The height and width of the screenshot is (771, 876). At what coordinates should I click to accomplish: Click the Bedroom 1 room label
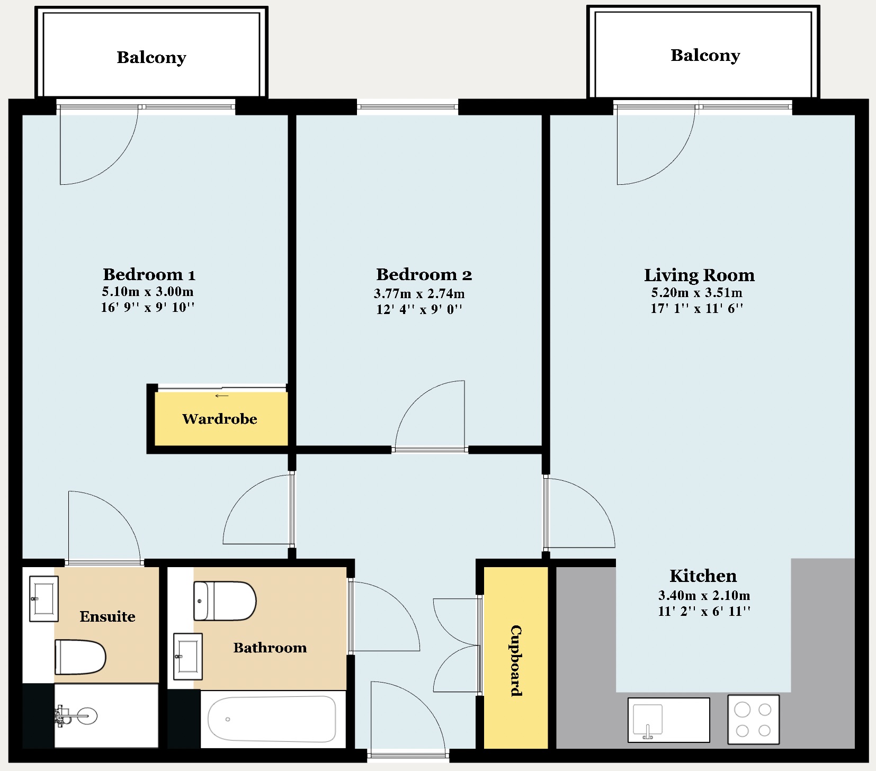(149, 274)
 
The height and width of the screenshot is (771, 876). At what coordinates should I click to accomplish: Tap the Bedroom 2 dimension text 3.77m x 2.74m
(419, 293)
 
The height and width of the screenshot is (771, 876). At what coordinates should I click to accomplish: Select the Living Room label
(699, 275)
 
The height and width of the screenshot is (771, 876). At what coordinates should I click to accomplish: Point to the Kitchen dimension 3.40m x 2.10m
(704, 595)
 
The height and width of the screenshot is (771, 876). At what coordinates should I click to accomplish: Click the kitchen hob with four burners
(753, 719)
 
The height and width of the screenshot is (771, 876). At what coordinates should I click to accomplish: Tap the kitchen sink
(668, 720)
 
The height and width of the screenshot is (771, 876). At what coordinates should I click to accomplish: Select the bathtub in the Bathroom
(272, 719)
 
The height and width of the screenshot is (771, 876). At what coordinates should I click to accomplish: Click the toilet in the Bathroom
(225, 601)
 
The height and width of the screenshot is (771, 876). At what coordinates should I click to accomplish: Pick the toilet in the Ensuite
(80, 657)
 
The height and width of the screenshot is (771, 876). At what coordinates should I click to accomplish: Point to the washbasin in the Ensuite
(43, 599)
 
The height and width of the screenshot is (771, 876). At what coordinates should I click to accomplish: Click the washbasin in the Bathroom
(188, 656)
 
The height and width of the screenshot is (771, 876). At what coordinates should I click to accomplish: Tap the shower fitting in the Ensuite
(76, 716)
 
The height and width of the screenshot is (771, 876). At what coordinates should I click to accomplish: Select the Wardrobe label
(220, 419)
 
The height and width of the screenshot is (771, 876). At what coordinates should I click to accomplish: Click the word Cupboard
(516, 660)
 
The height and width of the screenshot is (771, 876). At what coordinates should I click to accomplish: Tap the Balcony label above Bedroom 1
(151, 57)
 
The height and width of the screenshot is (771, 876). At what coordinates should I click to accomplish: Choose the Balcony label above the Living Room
(705, 55)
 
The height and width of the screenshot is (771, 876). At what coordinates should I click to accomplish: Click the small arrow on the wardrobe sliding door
(222, 396)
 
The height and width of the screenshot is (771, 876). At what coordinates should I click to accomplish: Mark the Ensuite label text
(108, 616)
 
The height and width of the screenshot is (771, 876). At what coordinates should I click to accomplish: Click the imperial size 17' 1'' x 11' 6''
(697, 308)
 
